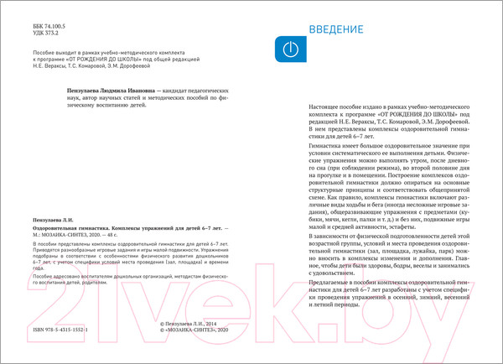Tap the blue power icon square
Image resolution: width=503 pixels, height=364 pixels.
(x=286, y=49)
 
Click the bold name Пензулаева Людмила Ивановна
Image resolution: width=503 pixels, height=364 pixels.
(x=110, y=88)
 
